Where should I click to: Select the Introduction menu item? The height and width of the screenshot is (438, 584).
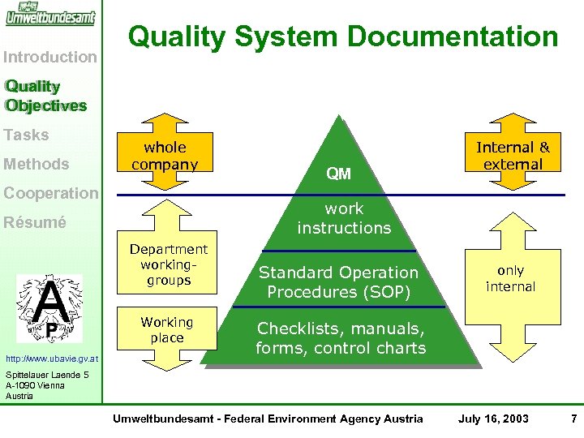pyautogui.click(x=50, y=57)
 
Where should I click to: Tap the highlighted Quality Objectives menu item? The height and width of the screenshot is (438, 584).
pyautogui.click(x=45, y=96)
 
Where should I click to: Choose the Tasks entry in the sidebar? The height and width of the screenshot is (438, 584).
pyautogui.click(x=26, y=135)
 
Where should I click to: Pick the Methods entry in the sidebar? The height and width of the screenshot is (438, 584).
pyautogui.click(x=36, y=164)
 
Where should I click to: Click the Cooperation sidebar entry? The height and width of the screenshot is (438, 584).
pyautogui.click(x=50, y=193)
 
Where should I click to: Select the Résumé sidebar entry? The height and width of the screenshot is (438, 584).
pyautogui.click(x=36, y=222)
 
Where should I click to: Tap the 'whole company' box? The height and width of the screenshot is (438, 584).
pyautogui.click(x=165, y=156)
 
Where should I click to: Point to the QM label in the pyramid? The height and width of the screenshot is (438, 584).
pyautogui.click(x=338, y=173)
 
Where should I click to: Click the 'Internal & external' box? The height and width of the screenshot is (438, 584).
pyautogui.click(x=512, y=156)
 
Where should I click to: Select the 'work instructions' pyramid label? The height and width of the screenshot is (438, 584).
pyautogui.click(x=344, y=218)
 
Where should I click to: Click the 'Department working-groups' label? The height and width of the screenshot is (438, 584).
pyautogui.click(x=169, y=264)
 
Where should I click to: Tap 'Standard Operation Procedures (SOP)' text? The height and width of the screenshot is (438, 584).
pyautogui.click(x=338, y=281)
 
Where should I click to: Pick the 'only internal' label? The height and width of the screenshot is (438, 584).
pyautogui.click(x=510, y=278)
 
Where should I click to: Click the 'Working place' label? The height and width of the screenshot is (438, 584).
pyautogui.click(x=167, y=330)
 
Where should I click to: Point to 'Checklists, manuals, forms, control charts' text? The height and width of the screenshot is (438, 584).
pyautogui.click(x=340, y=338)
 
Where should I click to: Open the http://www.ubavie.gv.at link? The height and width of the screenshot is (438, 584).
pyautogui.click(x=51, y=358)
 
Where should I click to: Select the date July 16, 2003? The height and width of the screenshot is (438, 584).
pyautogui.click(x=493, y=419)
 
